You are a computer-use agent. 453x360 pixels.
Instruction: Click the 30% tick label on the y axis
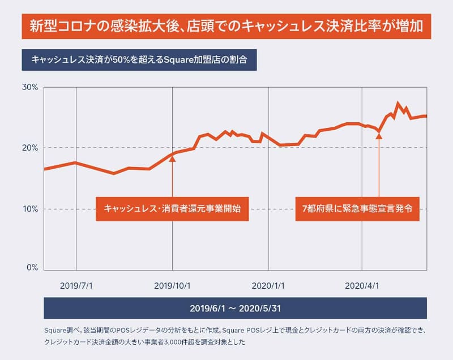tap(29, 88)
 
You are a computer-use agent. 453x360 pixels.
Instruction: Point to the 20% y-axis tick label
tap(29, 148)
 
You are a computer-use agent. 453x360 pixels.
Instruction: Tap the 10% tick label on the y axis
tap(29, 209)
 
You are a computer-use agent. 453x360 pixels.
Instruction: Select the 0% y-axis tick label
tap(32, 268)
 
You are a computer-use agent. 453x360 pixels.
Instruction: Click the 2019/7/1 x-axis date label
tap(76, 286)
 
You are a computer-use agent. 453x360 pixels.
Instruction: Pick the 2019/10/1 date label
tap(172, 286)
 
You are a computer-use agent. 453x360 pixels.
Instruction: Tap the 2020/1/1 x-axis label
tap(268, 286)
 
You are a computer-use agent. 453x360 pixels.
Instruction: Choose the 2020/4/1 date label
tap(363, 286)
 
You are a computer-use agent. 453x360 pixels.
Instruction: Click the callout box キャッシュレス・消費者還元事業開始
tap(172, 208)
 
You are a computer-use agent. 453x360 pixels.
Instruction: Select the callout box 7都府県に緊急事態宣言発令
tap(361, 208)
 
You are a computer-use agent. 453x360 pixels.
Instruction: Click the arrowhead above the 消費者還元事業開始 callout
tap(172, 159)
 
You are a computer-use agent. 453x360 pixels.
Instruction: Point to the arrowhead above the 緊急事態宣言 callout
tap(379, 136)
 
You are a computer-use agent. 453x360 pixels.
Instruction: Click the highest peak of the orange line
tap(398, 104)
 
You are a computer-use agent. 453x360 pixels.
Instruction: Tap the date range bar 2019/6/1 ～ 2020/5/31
tap(235, 308)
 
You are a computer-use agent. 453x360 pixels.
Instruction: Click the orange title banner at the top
tap(226, 27)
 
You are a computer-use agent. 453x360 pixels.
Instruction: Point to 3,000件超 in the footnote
tap(186, 342)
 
